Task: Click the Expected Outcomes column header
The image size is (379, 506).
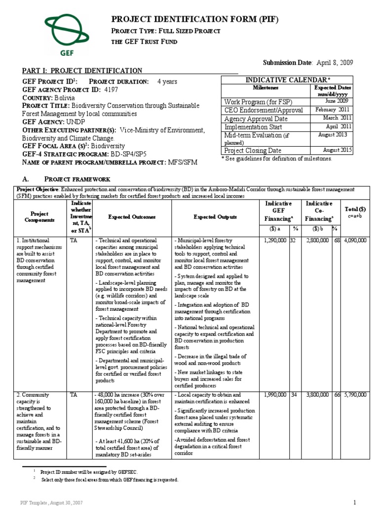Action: (x=132, y=217)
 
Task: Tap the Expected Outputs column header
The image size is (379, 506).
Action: (x=215, y=217)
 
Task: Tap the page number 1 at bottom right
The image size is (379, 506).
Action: (x=354, y=502)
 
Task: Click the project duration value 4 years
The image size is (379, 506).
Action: (x=167, y=82)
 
